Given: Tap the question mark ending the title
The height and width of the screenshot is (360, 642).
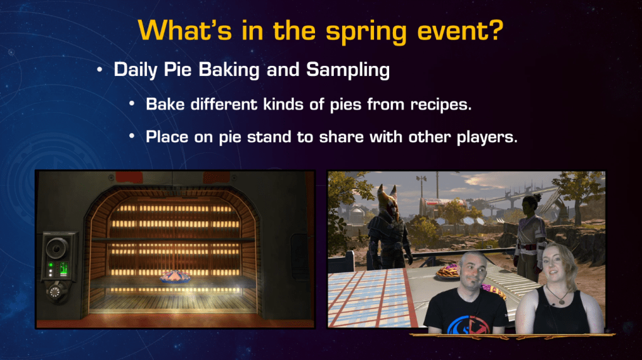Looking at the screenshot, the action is click(495, 29).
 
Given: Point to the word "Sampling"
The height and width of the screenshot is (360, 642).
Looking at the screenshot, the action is click(348, 70).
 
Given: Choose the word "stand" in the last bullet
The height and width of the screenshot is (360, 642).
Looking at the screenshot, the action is click(269, 137).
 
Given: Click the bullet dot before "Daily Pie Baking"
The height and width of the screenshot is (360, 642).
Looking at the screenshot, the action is click(100, 70).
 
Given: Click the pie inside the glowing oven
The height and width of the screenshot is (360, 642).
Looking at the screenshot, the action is click(175, 277).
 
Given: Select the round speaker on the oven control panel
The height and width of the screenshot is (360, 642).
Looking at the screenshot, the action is click(56, 248).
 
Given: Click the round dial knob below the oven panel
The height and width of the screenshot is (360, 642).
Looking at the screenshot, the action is click(55, 292).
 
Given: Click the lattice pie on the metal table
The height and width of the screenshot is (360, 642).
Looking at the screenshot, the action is click(447, 272).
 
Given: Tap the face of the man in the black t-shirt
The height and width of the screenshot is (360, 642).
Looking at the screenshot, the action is click(473, 271).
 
